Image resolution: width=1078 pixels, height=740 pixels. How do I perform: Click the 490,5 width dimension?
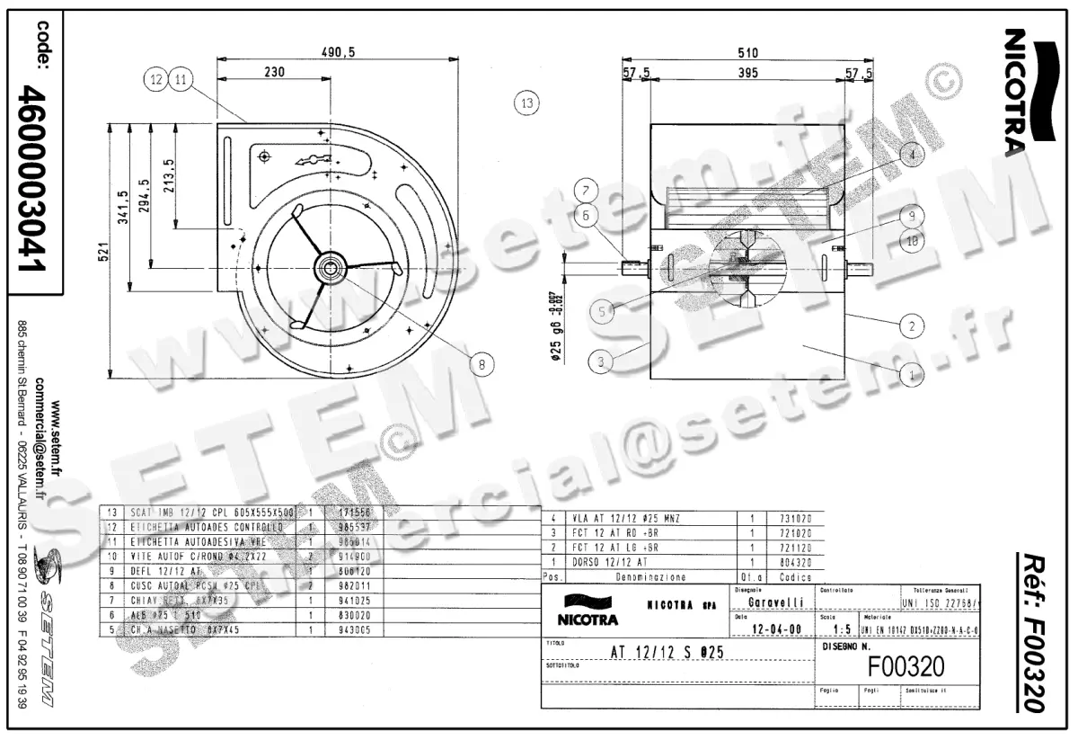[339, 53]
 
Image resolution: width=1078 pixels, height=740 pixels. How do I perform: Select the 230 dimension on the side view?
[276, 72]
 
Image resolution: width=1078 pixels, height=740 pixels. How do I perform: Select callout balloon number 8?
[482, 364]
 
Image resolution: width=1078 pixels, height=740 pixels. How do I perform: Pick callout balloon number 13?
[526, 103]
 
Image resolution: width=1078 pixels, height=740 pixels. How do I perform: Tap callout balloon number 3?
[601, 361]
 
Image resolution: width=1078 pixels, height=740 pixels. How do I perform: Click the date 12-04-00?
[768, 629]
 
